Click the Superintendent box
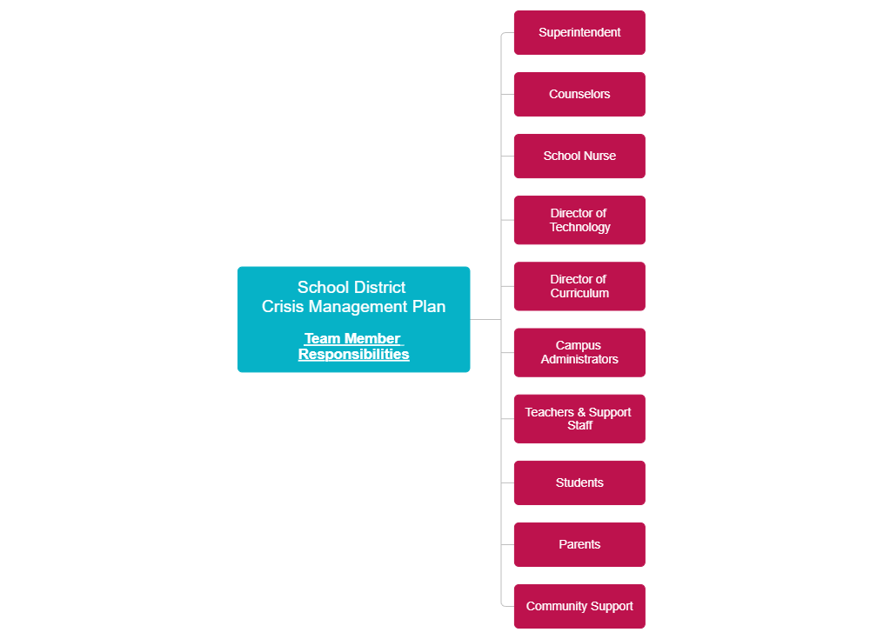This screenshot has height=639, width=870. click(579, 33)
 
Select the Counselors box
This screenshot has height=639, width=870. click(579, 95)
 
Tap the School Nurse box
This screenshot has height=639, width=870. click(579, 156)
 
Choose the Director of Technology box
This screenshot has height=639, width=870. click(579, 220)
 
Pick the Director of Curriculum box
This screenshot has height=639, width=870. click(579, 286)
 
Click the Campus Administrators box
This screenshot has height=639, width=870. click(579, 352)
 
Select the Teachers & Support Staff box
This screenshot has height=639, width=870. click(579, 418)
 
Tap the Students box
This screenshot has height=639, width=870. click(579, 483)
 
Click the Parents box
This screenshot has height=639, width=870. click(579, 544)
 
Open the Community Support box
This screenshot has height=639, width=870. click(579, 606)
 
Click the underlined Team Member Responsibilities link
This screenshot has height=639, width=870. click(353, 346)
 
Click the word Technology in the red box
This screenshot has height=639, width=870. click(580, 228)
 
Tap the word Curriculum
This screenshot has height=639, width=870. click(579, 294)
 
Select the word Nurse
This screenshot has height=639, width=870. click(599, 156)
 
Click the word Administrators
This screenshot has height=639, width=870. click(579, 360)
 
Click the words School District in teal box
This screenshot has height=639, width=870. click(351, 287)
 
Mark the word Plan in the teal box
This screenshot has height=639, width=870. click(429, 307)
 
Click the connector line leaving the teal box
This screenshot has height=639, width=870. click(485, 319)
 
